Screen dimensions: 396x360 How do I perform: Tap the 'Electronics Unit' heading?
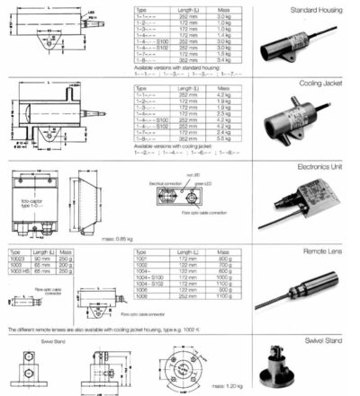tap(326, 166)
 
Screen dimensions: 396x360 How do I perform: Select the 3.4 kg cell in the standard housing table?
tap(213, 59)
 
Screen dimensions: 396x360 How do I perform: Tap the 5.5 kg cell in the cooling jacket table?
tap(213, 140)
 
